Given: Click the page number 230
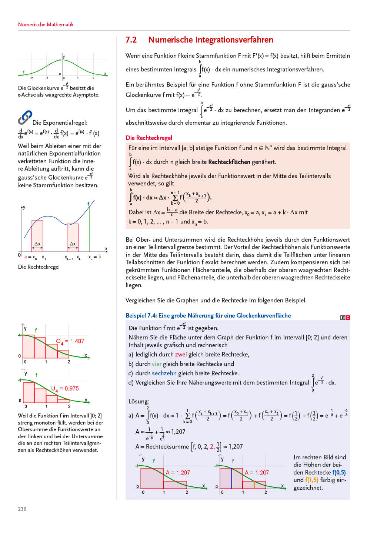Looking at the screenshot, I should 22,509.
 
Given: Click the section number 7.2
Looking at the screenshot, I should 131,40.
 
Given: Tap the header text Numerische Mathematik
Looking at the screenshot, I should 46,24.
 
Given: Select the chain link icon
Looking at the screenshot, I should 25,117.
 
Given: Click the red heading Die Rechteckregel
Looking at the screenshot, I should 149,138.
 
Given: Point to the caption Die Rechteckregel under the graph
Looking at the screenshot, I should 39,267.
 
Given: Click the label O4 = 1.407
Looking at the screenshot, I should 70,341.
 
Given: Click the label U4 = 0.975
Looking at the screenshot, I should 65,389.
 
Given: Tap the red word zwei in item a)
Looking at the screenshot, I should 181,355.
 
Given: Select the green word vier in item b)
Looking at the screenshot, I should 157,364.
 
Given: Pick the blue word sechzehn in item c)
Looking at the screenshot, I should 164,373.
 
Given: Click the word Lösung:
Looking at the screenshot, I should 139,401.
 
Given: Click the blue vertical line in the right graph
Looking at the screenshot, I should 231,478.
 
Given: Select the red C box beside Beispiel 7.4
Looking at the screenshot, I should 348,318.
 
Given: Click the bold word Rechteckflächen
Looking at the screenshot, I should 229,162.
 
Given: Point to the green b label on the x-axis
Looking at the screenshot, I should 100,257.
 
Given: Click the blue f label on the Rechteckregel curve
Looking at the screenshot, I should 89,204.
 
